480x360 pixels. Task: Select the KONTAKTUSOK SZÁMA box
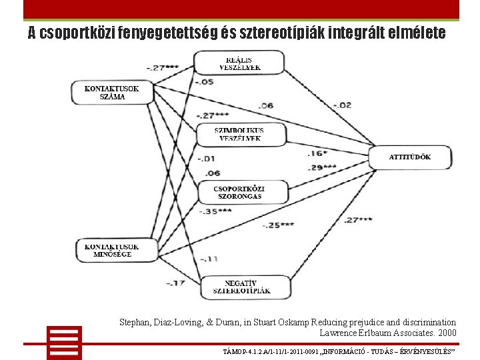click(111, 92)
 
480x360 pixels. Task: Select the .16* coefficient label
click(315, 153)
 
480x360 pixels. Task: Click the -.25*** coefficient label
click(278, 225)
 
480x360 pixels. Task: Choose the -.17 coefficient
click(176, 283)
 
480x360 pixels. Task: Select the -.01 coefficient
click(207, 159)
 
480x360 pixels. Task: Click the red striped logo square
click(64, 343)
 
